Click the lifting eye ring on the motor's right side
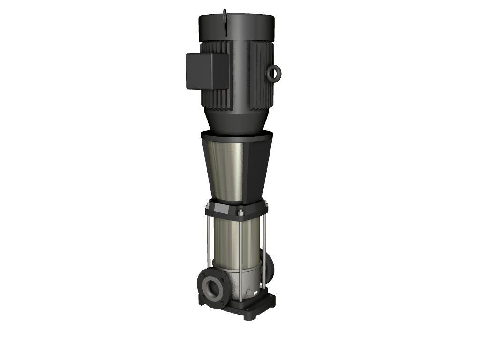[x=274, y=73]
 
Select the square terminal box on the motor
[x=207, y=71]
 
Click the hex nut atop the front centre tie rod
[x=240, y=212]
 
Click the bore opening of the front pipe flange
[x=214, y=288]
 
